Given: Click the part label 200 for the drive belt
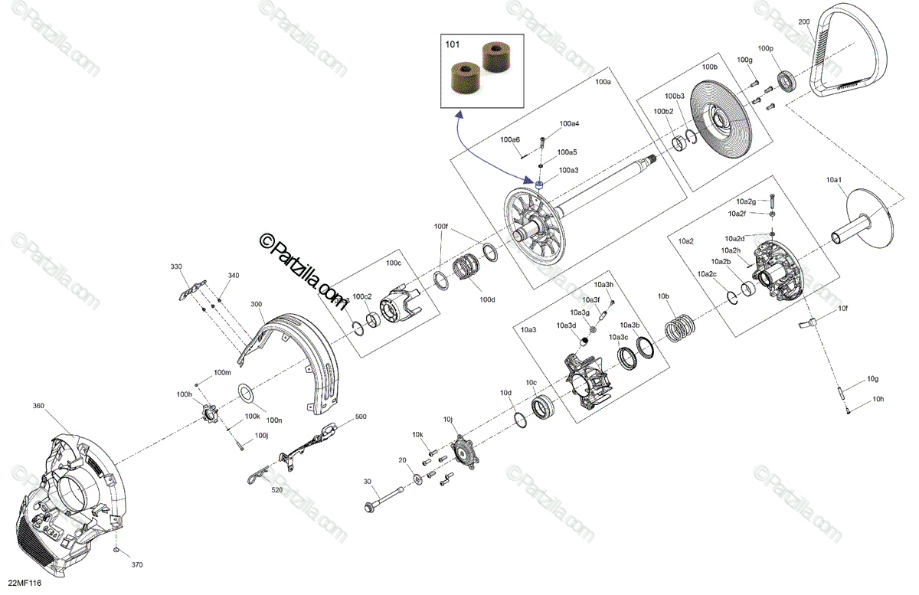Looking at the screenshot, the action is [x=803, y=21].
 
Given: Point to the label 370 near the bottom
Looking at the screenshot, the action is [x=136, y=565].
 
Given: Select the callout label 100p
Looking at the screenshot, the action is [x=766, y=48].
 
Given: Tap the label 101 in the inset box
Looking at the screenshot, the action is [x=453, y=45].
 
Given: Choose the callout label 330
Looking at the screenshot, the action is [x=176, y=266].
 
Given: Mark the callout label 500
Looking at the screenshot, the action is [x=361, y=417].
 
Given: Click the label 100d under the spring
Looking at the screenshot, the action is [x=487, y=299].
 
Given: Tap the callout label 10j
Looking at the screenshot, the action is [x=448, y=419].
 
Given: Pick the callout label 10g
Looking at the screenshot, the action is [x=872, y=379].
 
